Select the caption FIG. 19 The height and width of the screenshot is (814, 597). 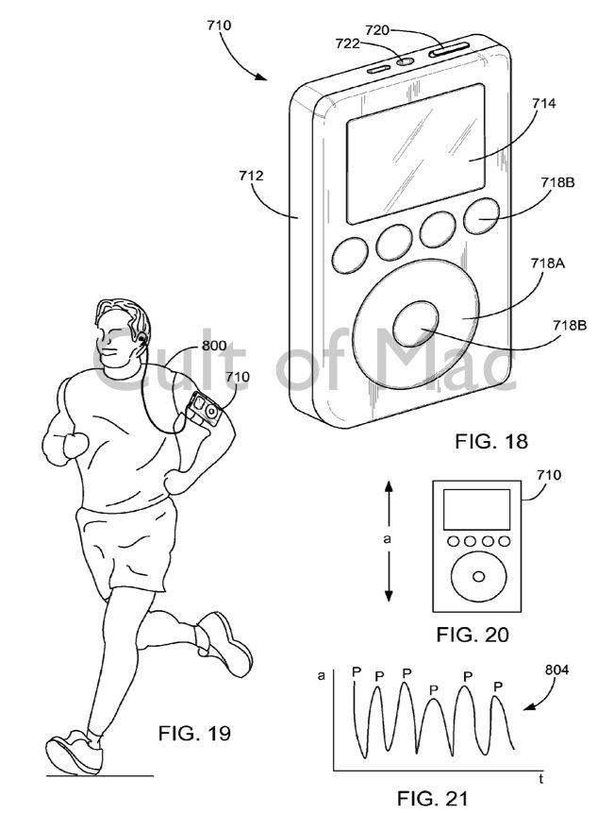[x=192, y=732]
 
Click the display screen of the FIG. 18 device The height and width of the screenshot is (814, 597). [x=416, y=151]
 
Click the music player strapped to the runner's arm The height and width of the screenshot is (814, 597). [x=203, y=409]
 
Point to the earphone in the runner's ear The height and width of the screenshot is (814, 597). [x=140, y=337]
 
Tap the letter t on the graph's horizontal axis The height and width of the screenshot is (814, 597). [x=540, y=779]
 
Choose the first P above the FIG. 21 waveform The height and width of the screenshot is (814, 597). [x=356, y=671]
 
